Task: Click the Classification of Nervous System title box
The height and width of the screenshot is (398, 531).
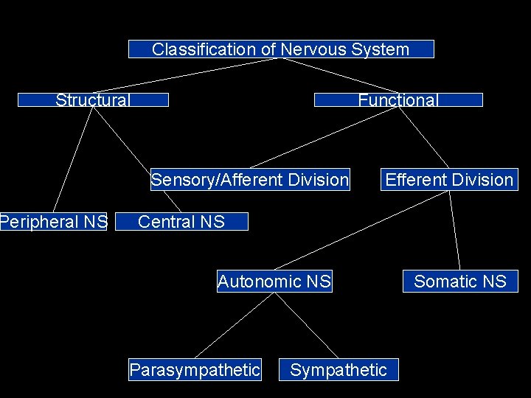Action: [281, 49]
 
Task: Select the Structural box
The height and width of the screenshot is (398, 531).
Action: [93, 99]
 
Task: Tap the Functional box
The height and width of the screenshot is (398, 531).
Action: [398, 99]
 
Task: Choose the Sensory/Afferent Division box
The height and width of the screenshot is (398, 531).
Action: [249, 180]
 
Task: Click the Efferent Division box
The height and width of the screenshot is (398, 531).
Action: [449, 180]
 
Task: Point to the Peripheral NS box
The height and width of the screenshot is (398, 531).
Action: [53, 221]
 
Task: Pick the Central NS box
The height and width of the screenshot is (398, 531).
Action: [181, 221]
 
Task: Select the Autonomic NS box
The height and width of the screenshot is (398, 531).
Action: [274, 281]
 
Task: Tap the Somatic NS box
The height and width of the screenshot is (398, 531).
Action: [460, 281]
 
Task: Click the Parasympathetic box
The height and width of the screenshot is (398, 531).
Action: [195, 369]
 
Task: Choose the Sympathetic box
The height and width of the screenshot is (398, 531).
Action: [339, 369]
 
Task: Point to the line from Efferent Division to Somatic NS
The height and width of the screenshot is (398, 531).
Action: [454, 230]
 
